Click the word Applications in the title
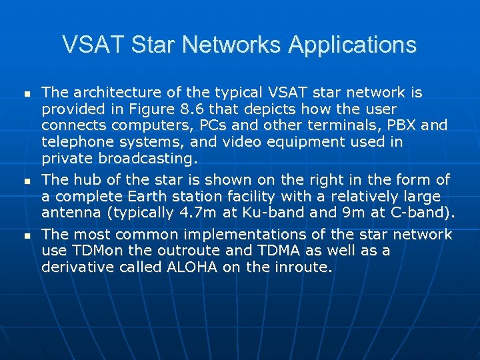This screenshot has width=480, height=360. [x=353, y=45]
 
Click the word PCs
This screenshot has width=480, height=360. [x=215, y=126]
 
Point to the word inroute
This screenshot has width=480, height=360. [x=305, y=268]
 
